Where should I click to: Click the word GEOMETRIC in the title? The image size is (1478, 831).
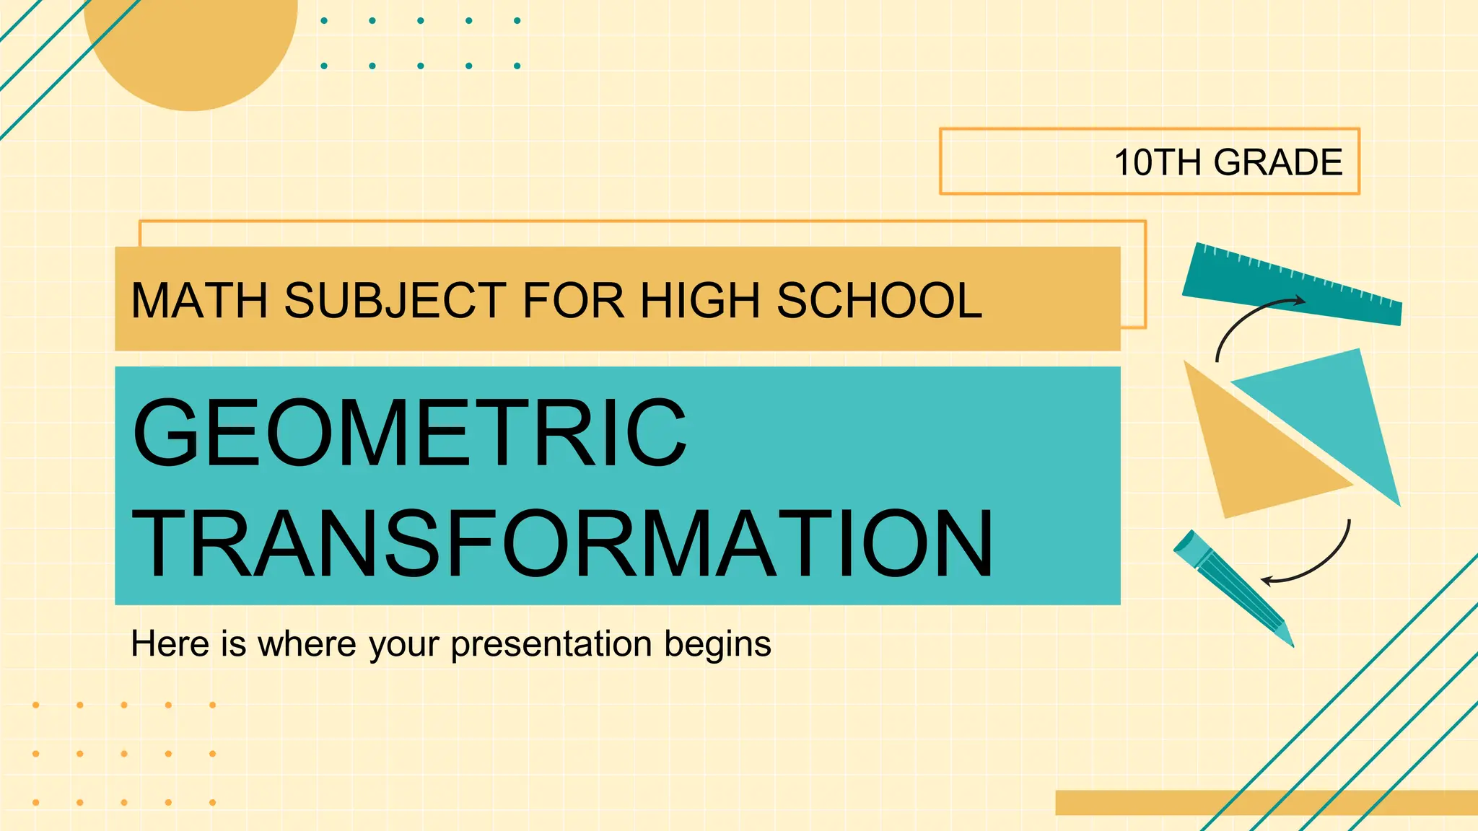[x=409, y=433]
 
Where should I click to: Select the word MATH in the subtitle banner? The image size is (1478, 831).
[x=198, y=300]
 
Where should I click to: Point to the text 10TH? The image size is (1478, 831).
[x=1158, y=162]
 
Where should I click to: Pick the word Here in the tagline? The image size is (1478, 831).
[x=170, y=643]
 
